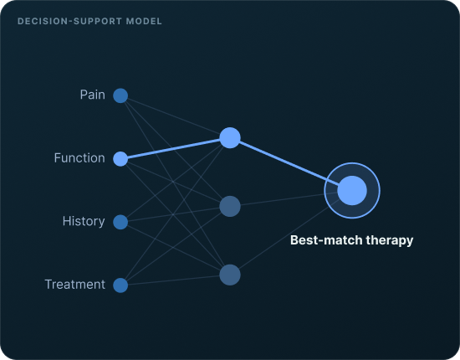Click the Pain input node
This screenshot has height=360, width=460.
point(120,95)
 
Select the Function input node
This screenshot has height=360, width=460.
point(120,159)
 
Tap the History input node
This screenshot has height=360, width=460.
point(120,222)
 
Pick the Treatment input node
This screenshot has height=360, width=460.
point(120,285)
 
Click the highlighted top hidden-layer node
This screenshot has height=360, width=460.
point(230,137)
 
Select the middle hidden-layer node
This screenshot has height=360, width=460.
point(230,207)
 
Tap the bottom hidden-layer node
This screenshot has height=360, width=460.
point(230,275)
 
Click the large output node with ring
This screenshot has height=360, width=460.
point(352,191)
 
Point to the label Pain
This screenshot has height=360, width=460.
point(92,95)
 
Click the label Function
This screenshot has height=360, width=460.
point(79,158)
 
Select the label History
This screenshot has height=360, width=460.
point(84,221)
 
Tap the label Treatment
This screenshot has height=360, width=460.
point(74,285)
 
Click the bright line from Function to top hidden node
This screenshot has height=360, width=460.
point(175,148)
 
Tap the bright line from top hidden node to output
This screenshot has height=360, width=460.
point(291,164)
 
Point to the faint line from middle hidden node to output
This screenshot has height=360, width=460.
point(291,198)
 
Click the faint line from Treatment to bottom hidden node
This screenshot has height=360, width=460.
point(175,280)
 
